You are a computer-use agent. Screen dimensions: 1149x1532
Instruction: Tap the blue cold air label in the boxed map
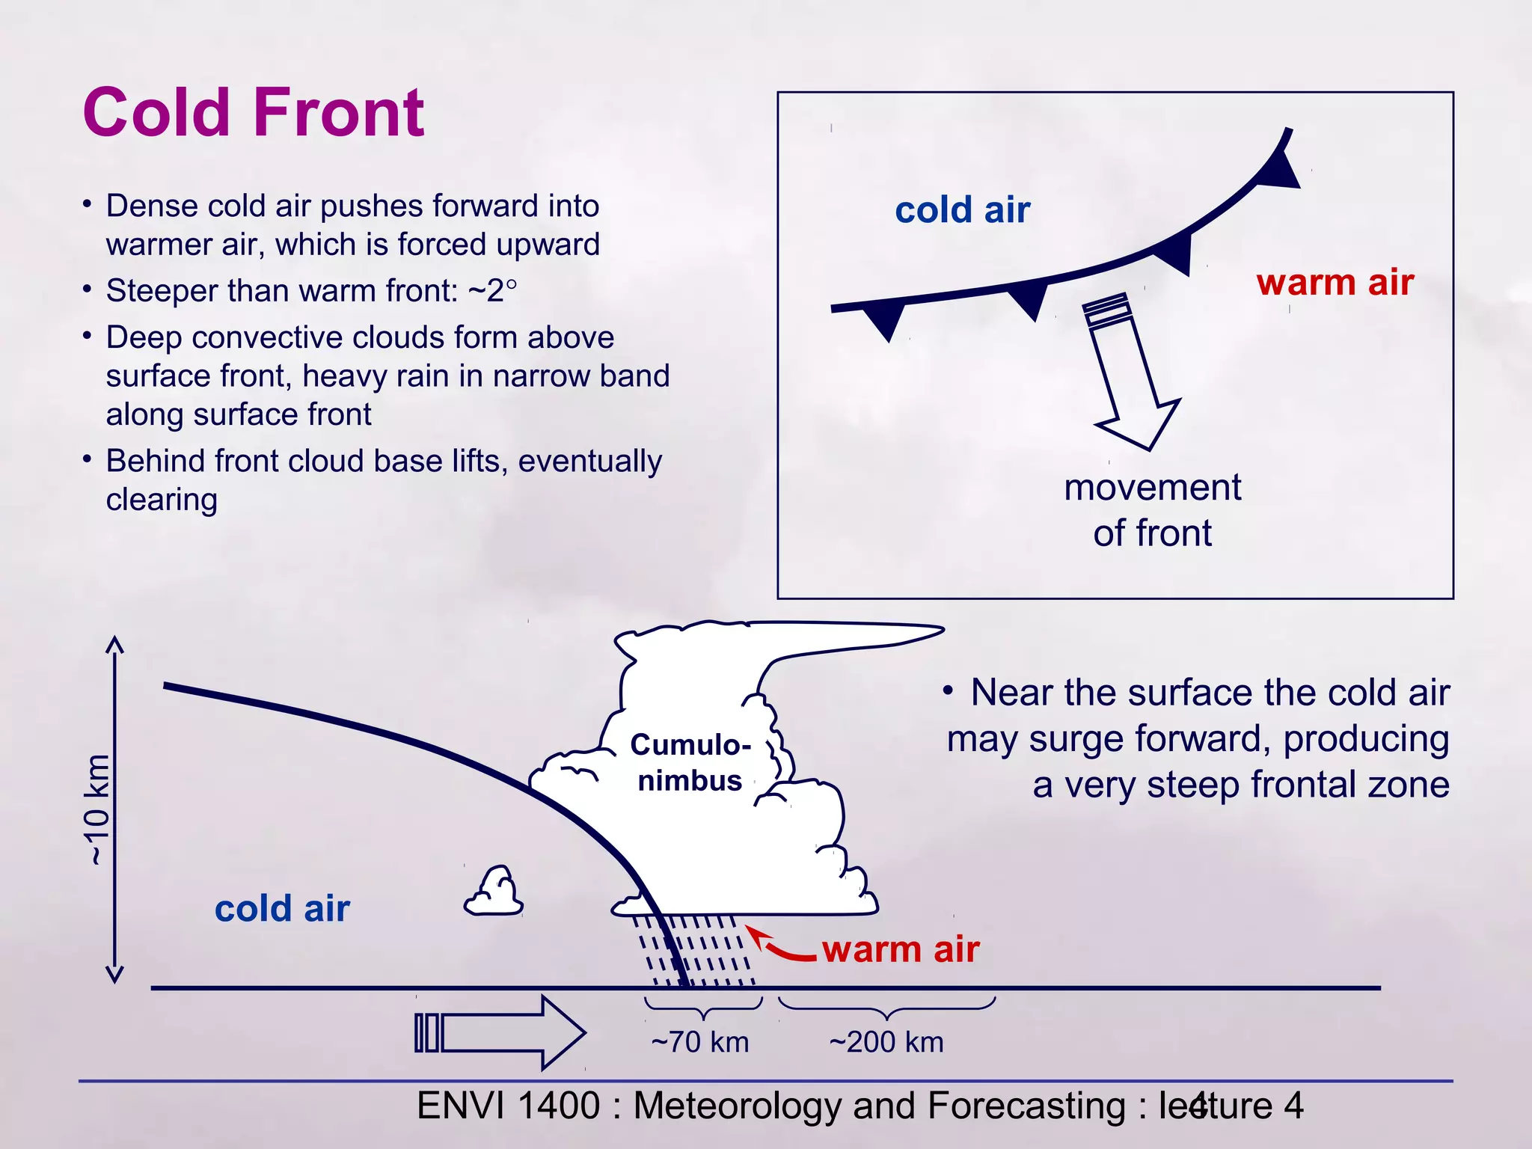tap(962, 210)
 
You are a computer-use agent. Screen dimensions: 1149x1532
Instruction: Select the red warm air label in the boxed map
tap(1335, 283)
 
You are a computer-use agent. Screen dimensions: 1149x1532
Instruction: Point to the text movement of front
tap(1152, 510)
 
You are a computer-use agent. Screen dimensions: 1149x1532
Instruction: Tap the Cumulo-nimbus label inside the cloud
tap(690, 762)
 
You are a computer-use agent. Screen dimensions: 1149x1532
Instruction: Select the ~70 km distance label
tap(699, 1042)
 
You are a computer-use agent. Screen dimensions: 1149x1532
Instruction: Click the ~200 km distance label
tap(886, 1042)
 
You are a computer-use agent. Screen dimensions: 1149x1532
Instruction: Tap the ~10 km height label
tap(97, 810)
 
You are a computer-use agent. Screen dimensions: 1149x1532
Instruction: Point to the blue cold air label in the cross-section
tap(282, 909)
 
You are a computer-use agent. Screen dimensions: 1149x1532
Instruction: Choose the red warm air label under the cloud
tap(901, 949)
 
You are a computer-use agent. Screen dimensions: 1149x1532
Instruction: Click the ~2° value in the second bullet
tap(492, 291)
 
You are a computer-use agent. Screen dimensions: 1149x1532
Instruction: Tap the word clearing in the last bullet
tap(162, 500)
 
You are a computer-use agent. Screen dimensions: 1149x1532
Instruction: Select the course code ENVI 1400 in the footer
tap(508, 1106)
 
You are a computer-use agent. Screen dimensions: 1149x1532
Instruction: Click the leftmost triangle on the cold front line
tap(884, 318)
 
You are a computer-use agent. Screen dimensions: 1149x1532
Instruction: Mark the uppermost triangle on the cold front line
tap(1281, 171)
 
